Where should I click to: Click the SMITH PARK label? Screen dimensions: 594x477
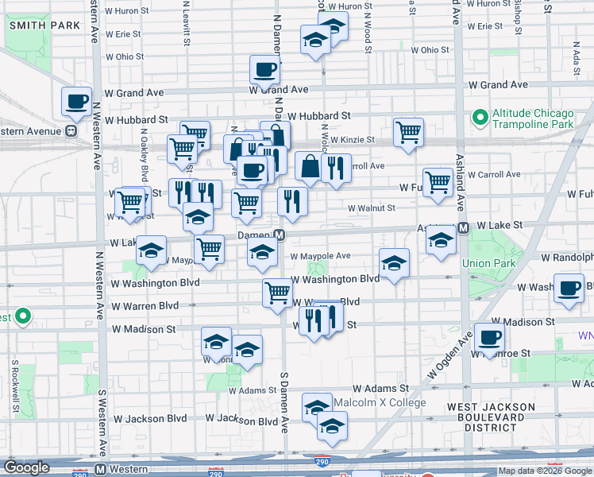(x=44, y=25)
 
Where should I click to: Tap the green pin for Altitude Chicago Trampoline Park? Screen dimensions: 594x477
(x=480, y=118)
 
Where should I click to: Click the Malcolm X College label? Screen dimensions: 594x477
(x=380, y=402)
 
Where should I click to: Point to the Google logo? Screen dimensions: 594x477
(x=27, y=467)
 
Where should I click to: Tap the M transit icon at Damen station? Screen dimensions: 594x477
(x=280, y=235)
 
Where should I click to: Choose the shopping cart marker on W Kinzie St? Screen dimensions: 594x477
(x=408, y=132)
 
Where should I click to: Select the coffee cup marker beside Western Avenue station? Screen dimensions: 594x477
(x=77, y=101)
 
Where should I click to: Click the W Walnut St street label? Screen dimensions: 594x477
(x=371, y=208)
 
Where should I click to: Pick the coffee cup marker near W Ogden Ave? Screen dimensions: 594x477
(x=489, y=337)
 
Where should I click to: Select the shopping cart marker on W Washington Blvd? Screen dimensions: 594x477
(x=277, y=293)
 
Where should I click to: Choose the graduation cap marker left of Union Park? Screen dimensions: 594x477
(x=440, y=240)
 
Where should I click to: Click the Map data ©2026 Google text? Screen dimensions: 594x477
(x=544, y=471)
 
